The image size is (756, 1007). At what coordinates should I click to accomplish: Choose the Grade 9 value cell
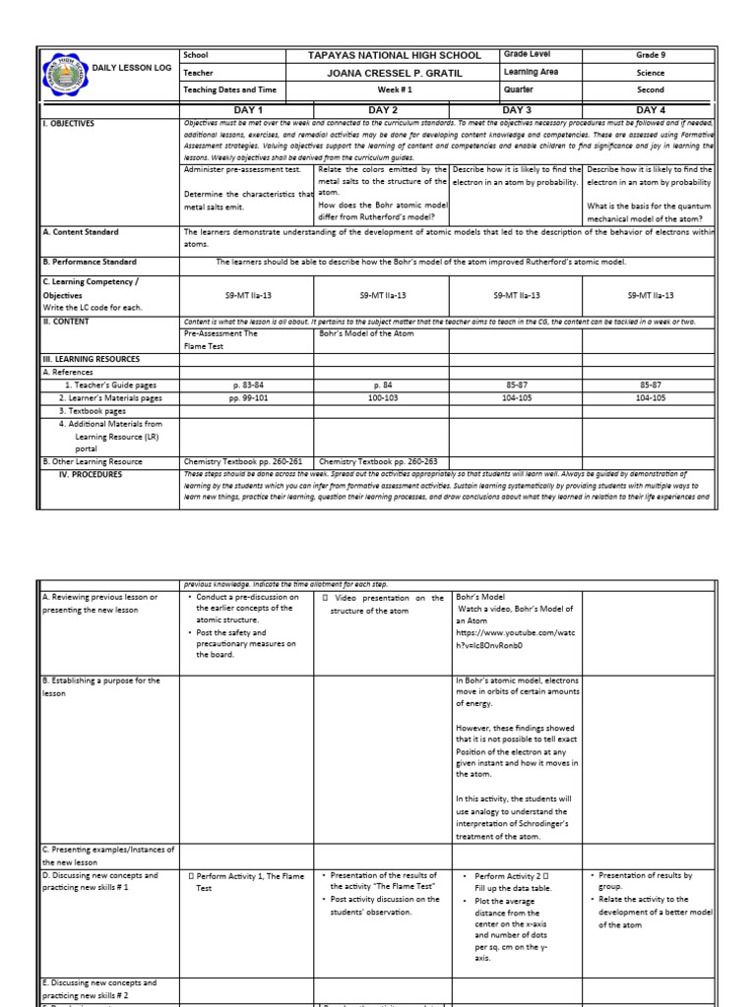click(x=650, y=56)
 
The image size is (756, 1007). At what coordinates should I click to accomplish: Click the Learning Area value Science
click(x=650, y=73)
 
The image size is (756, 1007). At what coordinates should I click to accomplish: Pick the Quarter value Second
click(x=650, y=89)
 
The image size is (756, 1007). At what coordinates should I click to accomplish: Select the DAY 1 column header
click(x=247, y=110)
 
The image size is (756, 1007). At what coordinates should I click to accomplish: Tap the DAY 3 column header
click(x=516, y=110)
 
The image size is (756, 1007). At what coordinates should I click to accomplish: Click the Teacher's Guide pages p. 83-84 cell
click(x=247, y=385)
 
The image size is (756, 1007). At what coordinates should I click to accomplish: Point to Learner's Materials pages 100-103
click(x=382, y=398)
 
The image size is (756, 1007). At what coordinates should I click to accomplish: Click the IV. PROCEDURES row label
click(x=91, y=474)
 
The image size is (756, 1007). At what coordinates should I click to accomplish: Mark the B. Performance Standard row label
click(x=95, y=263)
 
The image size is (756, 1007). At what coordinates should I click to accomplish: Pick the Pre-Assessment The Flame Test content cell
click(x=221, y=339)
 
